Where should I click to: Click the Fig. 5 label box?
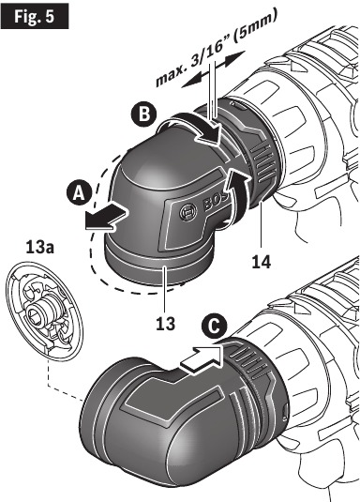[35, 18]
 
